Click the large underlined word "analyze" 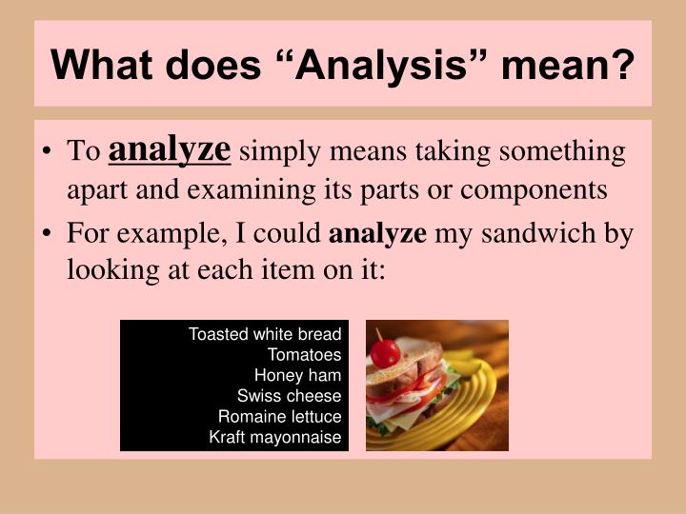point(171,149)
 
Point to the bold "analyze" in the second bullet point(378,234)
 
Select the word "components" point(534,189)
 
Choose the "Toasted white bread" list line point(265,334)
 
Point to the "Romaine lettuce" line point(279,417)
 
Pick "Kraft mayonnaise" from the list point(275,438)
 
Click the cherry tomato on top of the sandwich point(385,353)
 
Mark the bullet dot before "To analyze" point(50,153)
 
